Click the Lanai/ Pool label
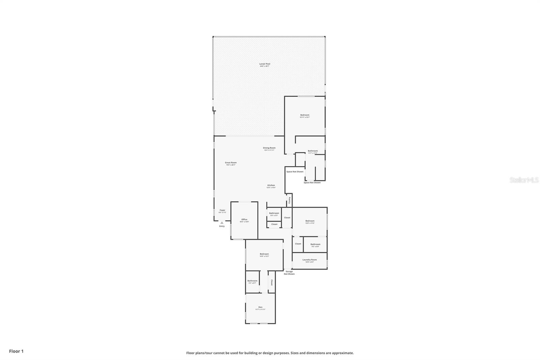[265, 64]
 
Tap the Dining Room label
[269, 148]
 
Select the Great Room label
[231, 163]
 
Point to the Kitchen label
[271, 185]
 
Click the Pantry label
[289, 200]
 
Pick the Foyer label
[222, 210]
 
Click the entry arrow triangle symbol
[222, 223]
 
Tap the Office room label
[244, 220]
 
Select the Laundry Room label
[309, 260]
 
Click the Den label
[260, 307]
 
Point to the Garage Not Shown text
[289, 273]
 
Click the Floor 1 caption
[16, 351]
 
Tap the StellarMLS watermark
[524, 180]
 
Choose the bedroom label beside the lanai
[305, 115]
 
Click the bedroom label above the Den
[264, 254]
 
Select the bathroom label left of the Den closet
[252, 281]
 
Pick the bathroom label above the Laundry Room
[315, 245]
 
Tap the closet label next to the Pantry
[287, 217]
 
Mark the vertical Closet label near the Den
[271, 282]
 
